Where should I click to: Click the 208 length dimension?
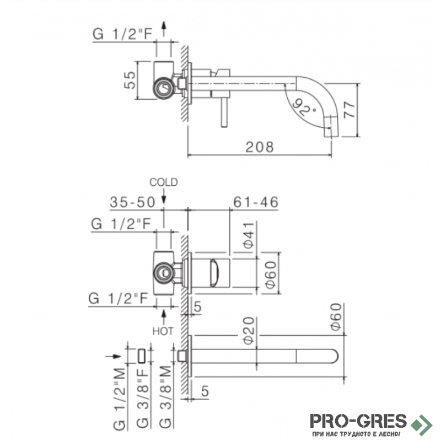[x=259, y=147]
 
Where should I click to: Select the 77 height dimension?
[x=349, y=110]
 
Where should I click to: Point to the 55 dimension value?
[x=130, y=80]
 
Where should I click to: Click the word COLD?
[x=163, y=182]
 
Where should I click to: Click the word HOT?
[x=163, y=331]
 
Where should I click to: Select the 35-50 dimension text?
[x=132, y=202]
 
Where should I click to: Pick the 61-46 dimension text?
[x=256, y=202]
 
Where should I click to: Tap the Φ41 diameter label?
[x=249, y=235]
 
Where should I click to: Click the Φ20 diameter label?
[x=249, y=330]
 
